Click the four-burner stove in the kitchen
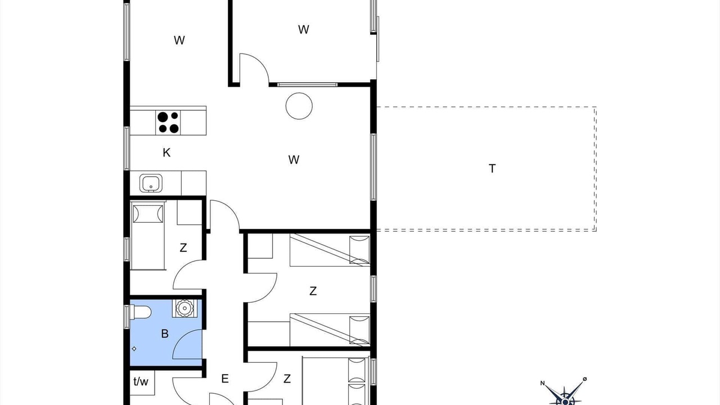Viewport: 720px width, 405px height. pos(168,123)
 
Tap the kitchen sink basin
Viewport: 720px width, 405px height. pos(151,183)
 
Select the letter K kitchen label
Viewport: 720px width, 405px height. pos(166,152)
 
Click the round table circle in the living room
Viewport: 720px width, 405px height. pos(299,106)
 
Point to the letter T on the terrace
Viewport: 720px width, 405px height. pos(492,168)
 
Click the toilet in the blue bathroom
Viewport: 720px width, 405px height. pos(141,312)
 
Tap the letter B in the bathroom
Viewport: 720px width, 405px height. pos(165,334)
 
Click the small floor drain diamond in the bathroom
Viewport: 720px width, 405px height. pos(134,349)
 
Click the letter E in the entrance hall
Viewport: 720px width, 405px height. pos(225,379)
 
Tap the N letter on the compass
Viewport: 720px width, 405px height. pos(543,383)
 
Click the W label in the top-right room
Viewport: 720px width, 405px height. pos(304,30)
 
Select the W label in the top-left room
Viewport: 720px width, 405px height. pos(179,40)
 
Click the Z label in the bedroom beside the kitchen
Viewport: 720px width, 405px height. pos(183,248)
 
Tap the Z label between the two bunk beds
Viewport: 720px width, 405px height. pos(313,291)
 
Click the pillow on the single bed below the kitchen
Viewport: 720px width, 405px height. pos(148,214)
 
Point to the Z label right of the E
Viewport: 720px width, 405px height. pos(287,379)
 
